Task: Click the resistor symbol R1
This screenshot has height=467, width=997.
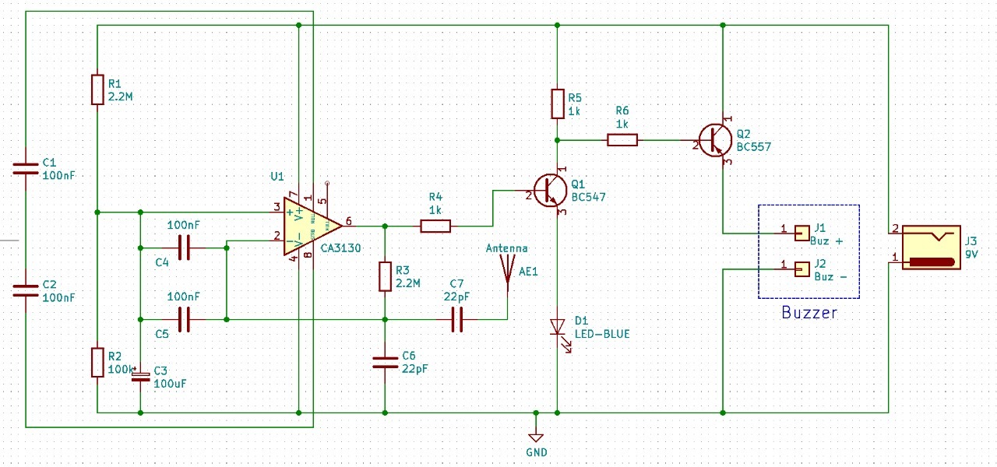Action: click(x=97, y=90)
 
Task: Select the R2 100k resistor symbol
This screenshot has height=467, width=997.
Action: click(x=97, y=362)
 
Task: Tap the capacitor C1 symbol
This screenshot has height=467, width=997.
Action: click(x=26, y=167)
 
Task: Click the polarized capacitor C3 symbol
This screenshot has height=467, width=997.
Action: click(x=140, y=377)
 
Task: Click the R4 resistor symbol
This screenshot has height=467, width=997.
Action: click(x=435, y=226)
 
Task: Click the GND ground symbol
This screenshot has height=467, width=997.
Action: click(x=535, y=437)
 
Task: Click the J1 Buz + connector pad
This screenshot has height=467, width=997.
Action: click(x=801, y=232)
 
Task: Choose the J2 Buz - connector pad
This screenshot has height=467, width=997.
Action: click(x=801, y=269)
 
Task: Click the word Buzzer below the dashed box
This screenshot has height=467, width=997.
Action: click(x=809, y=313)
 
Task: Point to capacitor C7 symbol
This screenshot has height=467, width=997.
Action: click(x=457, y=319)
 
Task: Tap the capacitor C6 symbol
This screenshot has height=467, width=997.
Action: click(x=385, y=361)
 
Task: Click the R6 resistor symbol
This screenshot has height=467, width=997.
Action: click(x=622, y=140)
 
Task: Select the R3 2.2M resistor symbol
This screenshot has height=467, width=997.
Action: click(x=385, y=276)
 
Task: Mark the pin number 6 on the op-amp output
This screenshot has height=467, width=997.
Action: click(x=348, y=220)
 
